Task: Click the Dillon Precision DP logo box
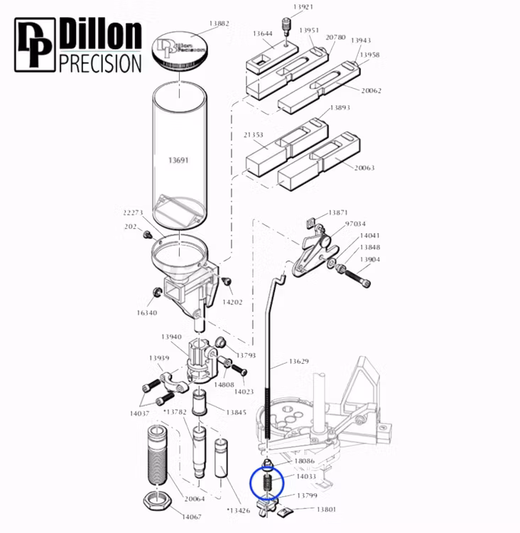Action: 35,45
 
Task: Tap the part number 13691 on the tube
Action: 178,161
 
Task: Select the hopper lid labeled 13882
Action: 180,49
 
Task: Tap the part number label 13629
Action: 298,362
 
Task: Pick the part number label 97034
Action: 355,224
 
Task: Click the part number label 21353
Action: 254,135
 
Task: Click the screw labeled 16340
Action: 158,292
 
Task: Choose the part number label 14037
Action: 139,413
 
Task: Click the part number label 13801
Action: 326,510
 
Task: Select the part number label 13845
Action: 237,412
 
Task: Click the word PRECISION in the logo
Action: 99,63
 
